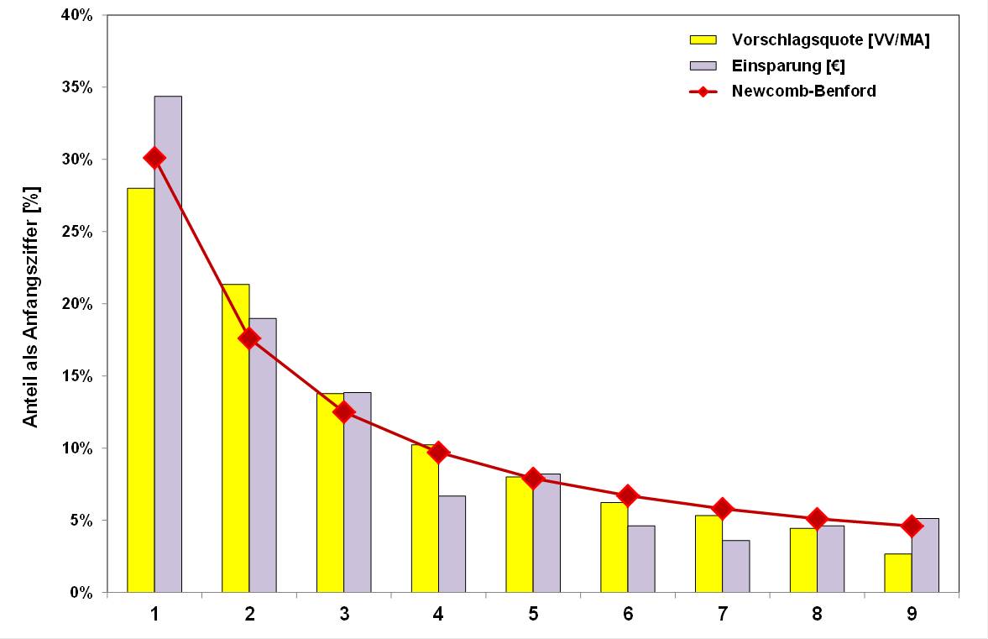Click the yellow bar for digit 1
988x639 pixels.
(x=140, y=390)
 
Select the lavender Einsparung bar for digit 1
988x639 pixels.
(x=168, y=344)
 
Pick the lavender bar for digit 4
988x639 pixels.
(x=452, y=544)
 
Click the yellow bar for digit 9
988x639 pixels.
(x=898, y=574)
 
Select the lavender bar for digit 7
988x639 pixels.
(x=736, y=567)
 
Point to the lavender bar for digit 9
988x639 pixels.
(x=925, y=556)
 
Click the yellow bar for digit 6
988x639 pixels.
(x=614, y=547)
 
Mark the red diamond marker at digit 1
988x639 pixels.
(x=154, y=158)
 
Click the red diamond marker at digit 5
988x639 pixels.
(x=533, y=479)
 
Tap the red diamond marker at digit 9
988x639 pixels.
(x=912, y=526)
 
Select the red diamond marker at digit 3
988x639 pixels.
(x=343, y=411)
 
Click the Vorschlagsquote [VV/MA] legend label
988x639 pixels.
(x=830, y=39)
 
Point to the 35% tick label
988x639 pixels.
(x=77, y=87)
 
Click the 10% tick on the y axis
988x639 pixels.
(x=77, y=448)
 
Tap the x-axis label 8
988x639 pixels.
(x=818, y=615)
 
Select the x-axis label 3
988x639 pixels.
(x=344, y=615)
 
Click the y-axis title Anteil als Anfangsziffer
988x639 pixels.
(x=31, y=306)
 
